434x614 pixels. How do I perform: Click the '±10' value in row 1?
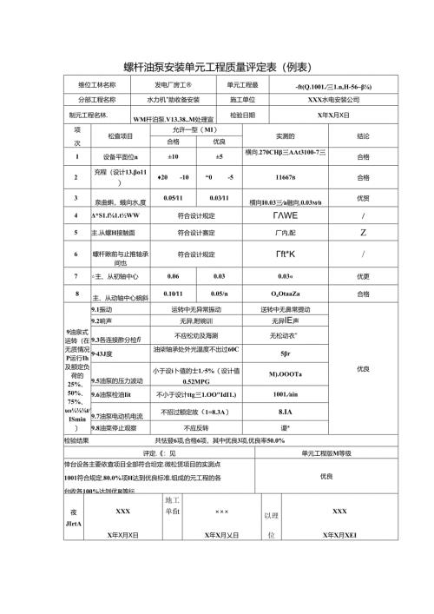(173, 156)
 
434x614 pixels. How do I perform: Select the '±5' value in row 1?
(219, 156)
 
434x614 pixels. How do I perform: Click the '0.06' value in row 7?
(173, 275)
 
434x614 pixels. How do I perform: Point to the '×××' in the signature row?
(221, 512)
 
